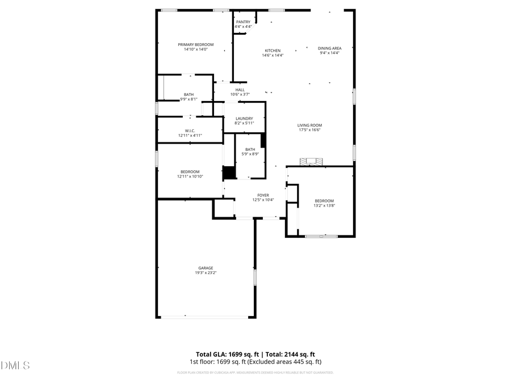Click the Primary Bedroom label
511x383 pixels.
(x=195, y=45)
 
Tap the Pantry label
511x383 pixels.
(x=243, y=22)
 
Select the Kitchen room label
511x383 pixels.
(x=273, y=50)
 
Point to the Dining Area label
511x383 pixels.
(x=329, y=48)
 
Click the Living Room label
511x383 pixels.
(x=309, y=125)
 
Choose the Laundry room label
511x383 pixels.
(x=244, y=119)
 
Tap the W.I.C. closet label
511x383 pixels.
(x=190, y=131)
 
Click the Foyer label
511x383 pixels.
(x=263, y=195)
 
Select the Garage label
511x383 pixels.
(x=206, y=268)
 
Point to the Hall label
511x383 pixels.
(x=240, y=90)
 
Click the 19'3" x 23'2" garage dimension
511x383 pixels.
(x=206, y=273)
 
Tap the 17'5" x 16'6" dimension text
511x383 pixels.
(x=309, y=130)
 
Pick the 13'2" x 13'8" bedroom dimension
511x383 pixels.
(x=324, y=205)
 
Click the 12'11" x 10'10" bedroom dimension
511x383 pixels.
(x=190, y=176)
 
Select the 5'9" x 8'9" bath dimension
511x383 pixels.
(x=250, y=154)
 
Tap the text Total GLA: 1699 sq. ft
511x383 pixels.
(x=224, y=353)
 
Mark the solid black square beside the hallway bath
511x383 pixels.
(x=229, y=172)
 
